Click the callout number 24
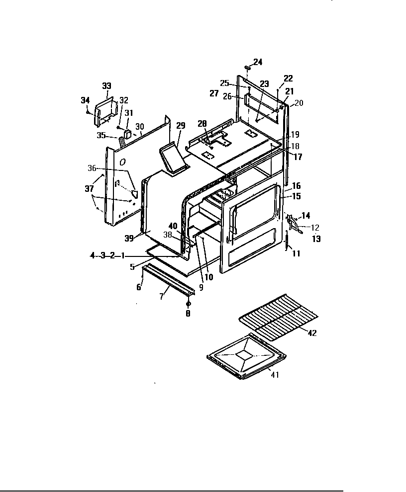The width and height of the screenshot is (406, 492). (x=258, y=62)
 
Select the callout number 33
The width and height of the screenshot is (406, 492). (x=106, y=86)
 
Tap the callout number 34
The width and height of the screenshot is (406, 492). (x=85, y=100)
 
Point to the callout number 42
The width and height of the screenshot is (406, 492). (x=312, y=333)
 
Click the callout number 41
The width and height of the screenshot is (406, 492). (x=275, y=375)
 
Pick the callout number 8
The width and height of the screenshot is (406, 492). (x=188, y=314)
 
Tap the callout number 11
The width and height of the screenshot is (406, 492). (x=296, y=253)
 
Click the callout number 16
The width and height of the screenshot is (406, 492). (x=297, y=186)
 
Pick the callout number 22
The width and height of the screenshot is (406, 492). (x=288, y=78)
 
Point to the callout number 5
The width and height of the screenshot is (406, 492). (x=132, y=266)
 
